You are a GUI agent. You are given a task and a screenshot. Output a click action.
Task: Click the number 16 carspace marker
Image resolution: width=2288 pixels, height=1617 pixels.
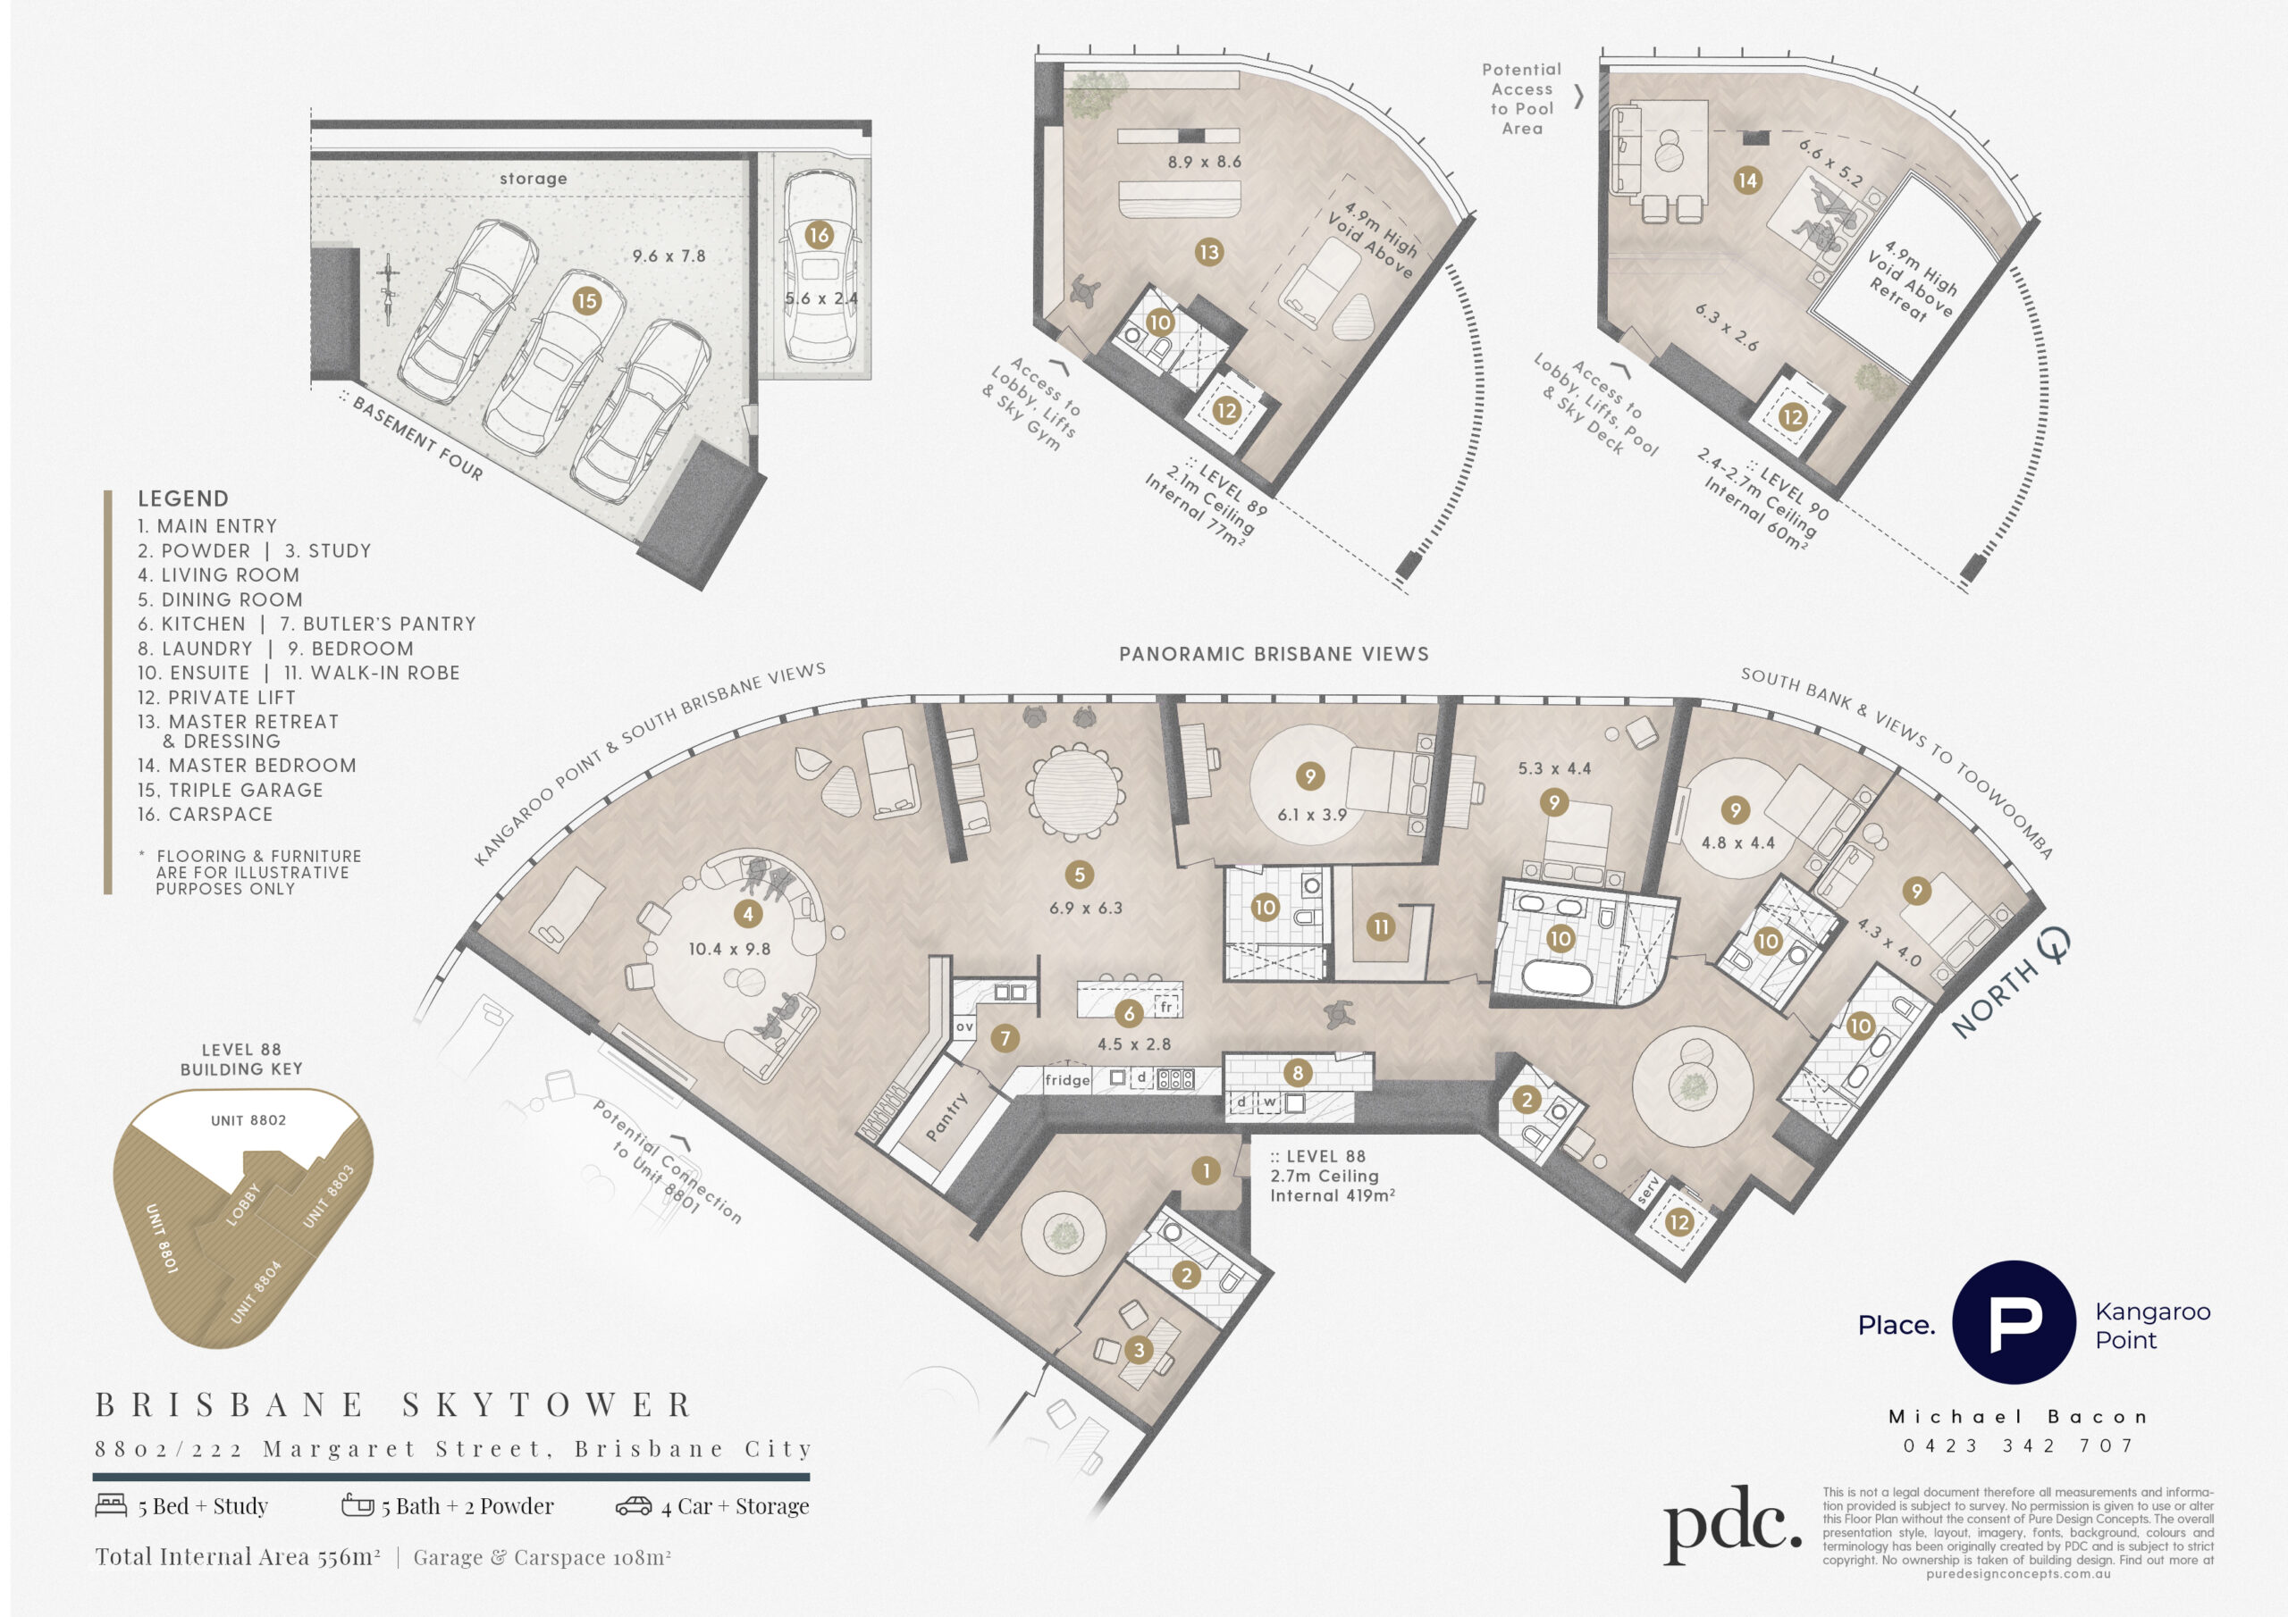[818, 235]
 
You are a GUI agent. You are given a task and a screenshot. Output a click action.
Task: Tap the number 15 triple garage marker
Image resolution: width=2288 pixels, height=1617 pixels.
[587, 300]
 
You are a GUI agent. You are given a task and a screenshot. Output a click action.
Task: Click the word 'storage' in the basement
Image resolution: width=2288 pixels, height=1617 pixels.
[534, 179]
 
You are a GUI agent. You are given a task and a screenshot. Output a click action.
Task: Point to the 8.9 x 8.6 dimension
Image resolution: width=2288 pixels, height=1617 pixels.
[1205, 162]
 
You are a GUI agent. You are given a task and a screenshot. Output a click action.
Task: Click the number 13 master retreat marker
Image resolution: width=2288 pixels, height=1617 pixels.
[1208, 252]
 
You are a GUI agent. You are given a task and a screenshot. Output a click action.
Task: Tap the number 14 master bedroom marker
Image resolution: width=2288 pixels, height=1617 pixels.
[1747, 180]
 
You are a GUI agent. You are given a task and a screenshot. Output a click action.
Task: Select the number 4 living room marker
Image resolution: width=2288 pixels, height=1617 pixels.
[747, 914]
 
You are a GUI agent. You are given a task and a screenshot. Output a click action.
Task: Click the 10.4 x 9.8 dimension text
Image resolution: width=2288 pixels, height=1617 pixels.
[729, 950]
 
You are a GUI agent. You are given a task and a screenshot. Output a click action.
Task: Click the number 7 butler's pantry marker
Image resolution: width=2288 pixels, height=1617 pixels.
[1005, 1038]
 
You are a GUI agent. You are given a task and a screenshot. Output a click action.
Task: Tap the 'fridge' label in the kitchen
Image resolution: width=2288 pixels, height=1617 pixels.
[1067, 1080]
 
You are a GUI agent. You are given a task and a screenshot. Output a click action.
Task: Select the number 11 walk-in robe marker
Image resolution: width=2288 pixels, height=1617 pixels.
[1380, 927]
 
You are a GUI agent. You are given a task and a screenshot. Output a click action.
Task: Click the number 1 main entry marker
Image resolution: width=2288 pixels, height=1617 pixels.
[1206, 1170]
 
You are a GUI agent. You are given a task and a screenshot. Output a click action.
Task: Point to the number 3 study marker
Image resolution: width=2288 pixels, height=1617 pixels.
[1139, 1350]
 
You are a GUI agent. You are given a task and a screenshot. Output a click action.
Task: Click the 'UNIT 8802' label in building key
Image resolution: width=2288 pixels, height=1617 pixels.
[248, 1121]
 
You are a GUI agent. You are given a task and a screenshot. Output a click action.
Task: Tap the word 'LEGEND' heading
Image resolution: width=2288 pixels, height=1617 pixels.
[183, 499]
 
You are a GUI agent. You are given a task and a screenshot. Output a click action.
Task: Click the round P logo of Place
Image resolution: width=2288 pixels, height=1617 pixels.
[2013, 1322]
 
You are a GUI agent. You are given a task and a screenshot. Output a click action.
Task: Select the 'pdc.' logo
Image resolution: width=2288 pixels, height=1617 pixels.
[1732, 1523]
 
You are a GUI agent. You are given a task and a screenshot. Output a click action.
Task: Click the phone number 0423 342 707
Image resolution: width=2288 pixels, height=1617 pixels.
[2018, 1445]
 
